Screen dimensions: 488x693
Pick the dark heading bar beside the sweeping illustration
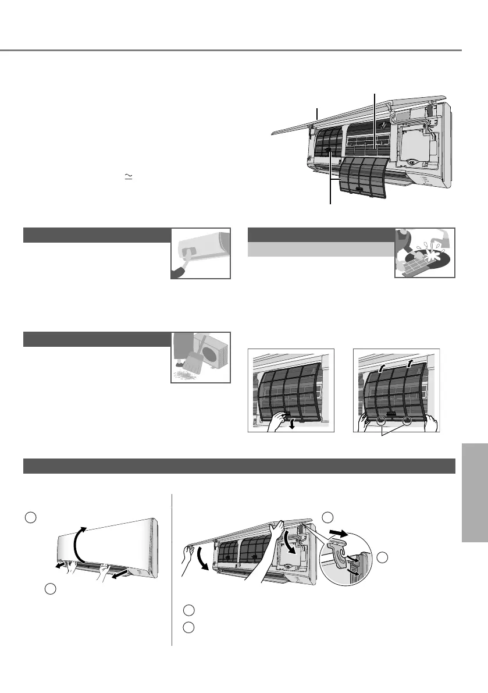coord(96,339)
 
